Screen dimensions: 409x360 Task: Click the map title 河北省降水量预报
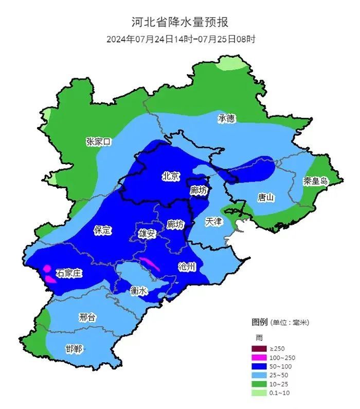pos(179,22)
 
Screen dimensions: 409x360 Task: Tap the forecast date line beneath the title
pos(181,39)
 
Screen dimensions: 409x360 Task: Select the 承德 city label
pos(226,118)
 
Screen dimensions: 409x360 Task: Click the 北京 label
pos(171,176)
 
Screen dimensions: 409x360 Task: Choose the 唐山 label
pos(266,197)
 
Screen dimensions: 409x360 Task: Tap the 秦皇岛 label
pos(315,181)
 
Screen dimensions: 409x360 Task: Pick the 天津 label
pos(213,222)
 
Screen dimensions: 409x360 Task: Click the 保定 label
pos(102,230)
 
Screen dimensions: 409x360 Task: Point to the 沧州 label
pos(186,266)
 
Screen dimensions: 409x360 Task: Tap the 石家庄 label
pos(69,273)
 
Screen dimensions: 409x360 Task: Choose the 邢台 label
pos(87,317)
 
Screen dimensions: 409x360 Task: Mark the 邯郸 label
pos(74,349)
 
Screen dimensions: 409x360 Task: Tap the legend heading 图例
pos(260,322)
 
